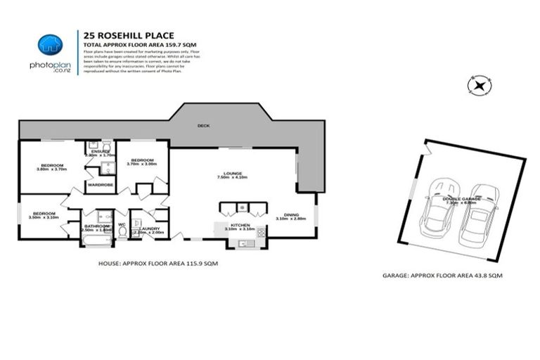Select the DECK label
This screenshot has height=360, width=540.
click(204, 126)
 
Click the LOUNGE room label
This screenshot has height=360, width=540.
click(233, 173)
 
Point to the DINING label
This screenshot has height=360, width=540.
click(290, 214)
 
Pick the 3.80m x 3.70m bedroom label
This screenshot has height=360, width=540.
click(51, 167)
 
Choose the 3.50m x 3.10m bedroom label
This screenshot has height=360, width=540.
click(44, 215)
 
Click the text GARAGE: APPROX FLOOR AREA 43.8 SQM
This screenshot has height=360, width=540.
click(442, 276)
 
